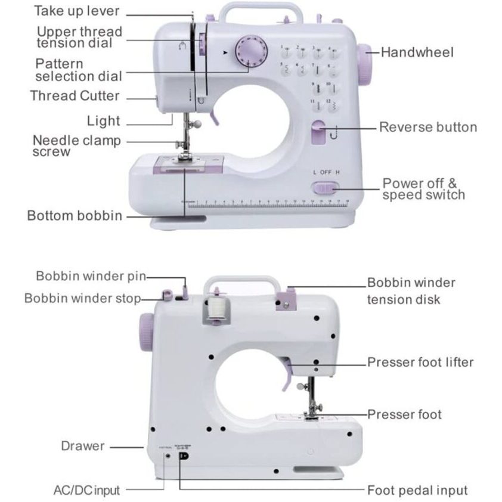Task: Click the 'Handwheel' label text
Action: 417,52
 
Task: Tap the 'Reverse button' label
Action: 428,127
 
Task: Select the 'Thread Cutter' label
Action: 75,96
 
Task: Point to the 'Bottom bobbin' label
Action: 75,215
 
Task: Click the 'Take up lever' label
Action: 76,11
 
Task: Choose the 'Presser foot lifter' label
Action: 420,362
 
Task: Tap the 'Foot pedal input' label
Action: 417,490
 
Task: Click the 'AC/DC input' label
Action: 86,491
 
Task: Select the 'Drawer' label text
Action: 83,446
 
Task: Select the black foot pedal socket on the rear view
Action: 183,456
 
